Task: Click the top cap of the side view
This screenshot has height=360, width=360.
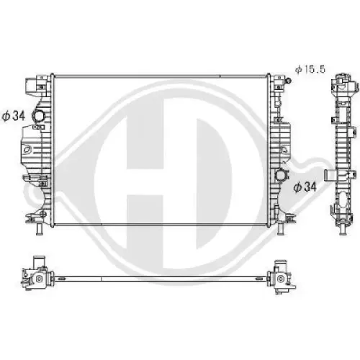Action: tap(342, 83)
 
